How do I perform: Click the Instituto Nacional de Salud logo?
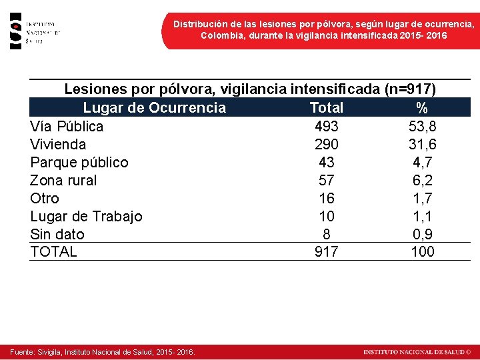click(35, 31)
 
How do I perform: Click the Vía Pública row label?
click(67, 127)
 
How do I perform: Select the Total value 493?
click(326, 127)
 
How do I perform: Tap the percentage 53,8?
click(422, 127)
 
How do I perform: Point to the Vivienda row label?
click(58, 145)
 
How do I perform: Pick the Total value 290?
click(326, 145)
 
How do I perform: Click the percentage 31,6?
click(422, 145)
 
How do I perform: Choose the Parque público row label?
click(79, 163)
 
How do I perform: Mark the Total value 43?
click(326, 163)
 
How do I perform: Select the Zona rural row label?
click(63, 181)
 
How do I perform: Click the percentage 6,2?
click(422, 181)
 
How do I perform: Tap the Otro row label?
click(45, 199)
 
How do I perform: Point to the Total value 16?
click(326, 199)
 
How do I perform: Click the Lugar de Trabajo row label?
click(86, 217)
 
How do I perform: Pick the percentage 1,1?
click(422, 217)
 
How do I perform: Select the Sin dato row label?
click(57, 235)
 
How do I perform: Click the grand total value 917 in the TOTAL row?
click(326, 252)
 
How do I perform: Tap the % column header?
click(422, 108)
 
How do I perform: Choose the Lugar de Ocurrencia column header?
click(154, 108)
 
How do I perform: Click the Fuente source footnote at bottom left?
click(102, 352)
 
